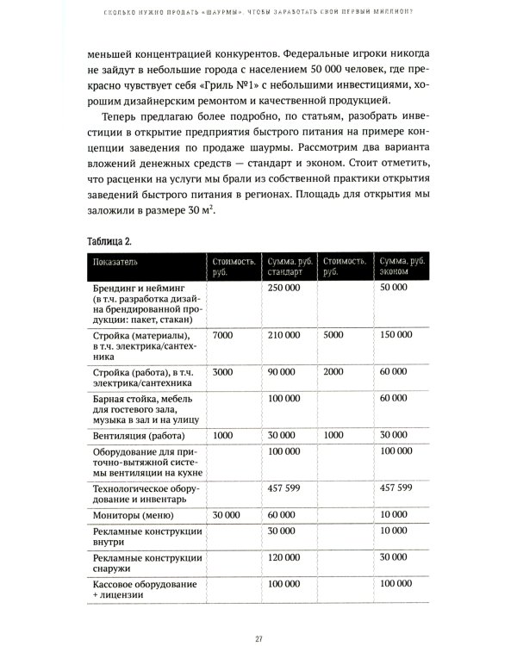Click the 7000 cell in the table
222,334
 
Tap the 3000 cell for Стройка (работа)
222,370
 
